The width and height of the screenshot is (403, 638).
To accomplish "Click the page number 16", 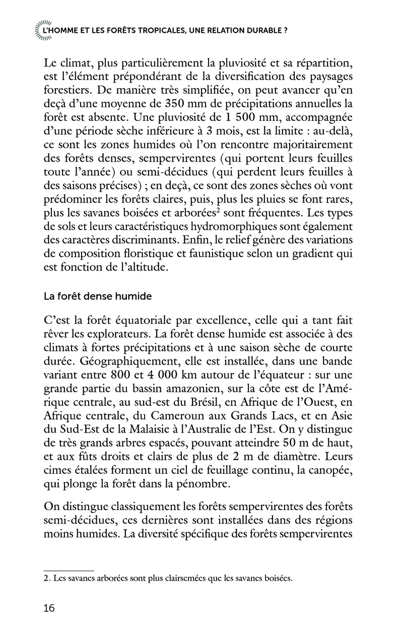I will coord(49,608).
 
